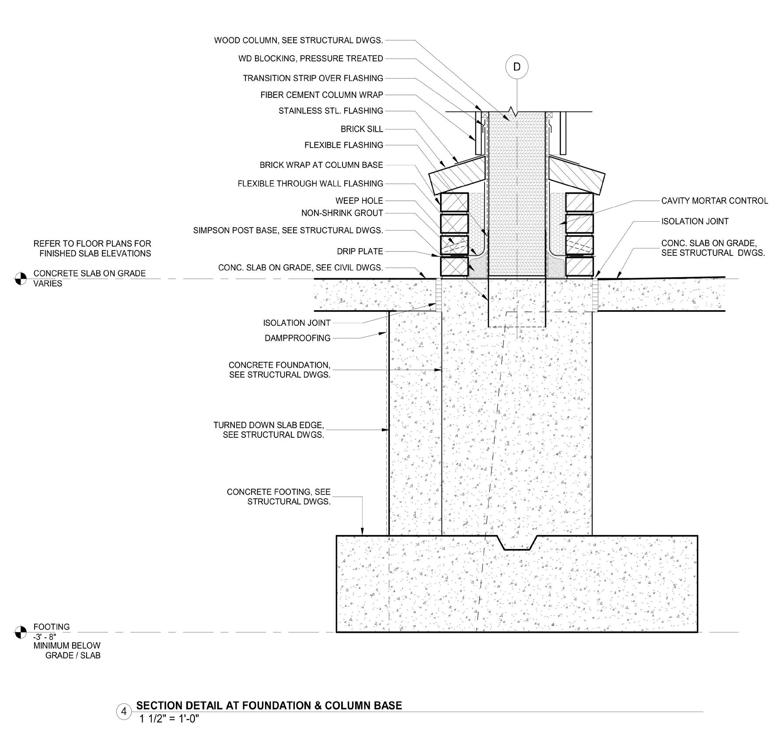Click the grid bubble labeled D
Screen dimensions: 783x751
pyautogui.click(x=517, y=67)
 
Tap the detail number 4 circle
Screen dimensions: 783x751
pyautogui.click(x=124, y=712)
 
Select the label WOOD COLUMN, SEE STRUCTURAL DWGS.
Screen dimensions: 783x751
pyautogui.click(x=298, y=41)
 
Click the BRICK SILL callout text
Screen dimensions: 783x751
pyautogui.click(x=362, y=129)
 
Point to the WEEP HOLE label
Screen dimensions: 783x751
pyautogui.click(x=359, y=201)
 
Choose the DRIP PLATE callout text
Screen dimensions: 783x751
pyautogui.click(x=360, y=251)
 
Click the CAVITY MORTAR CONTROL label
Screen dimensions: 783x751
pyautogui.click(x=714, y=201)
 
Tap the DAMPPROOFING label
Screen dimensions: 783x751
pyautogui.click(x=297, y=338)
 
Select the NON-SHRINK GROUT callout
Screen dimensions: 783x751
pyautogui.click(x=342, y=213)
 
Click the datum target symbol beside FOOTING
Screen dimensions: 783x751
pyautogui.click(x=21, y=632)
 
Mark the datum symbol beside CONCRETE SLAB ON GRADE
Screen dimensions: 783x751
pyautogui.click(x=21, y=279)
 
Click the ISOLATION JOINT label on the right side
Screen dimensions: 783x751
pyautogui.click(x=695, y=221)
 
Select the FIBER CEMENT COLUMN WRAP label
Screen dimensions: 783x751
pyautogui.click(x=322, y=95)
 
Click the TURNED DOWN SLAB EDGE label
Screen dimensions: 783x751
pyautogui.click(x=269, y=430)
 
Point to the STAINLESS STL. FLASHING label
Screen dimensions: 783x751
pyautogui.click(x=331, y=111)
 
